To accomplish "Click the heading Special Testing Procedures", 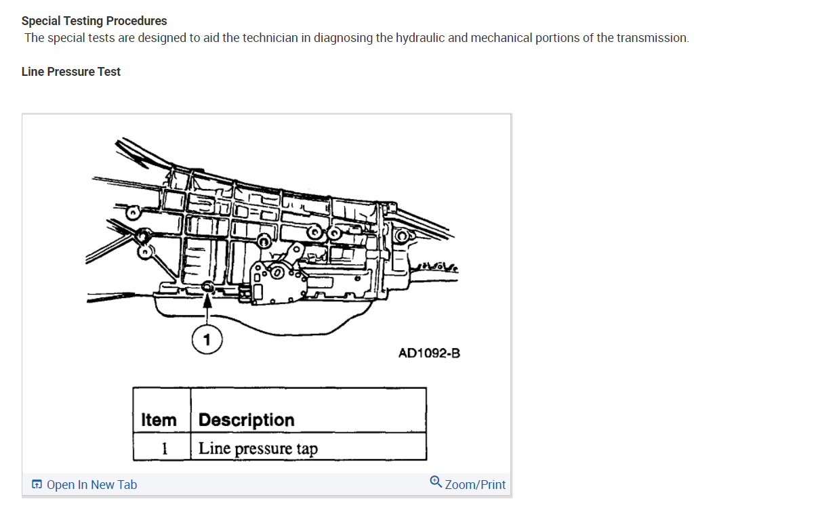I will [x=94, y=21].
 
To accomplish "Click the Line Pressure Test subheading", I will [x=70, y=72].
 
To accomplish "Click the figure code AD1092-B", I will [x=429, y=353].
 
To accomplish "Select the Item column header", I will [x=159, y=420].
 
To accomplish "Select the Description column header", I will [x=247, y=420].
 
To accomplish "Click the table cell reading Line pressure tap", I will [x=258, y=448].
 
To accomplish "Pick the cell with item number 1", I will [x=163, y=448].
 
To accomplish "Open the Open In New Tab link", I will [x=91, y=484].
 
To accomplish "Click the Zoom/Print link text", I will [x=475, y=484].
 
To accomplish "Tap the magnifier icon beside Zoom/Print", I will [x=436, y=482].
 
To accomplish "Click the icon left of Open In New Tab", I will [x=37, y=484].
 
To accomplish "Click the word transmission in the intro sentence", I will [x=651, y=38].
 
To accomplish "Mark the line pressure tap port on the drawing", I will [x=208, y=288].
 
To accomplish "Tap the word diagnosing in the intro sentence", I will [x=342, y=38].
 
